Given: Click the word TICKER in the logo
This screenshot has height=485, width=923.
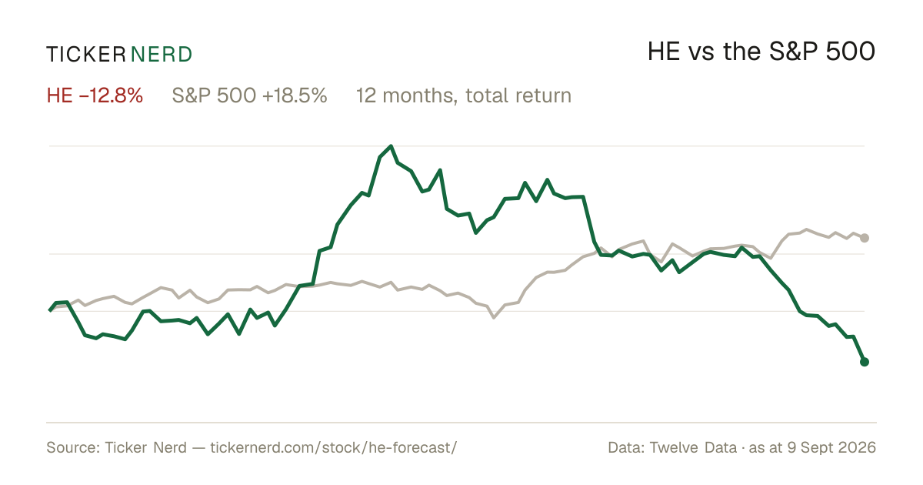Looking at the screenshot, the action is coord(86,55).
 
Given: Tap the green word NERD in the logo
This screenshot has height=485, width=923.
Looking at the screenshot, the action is coord(162,55).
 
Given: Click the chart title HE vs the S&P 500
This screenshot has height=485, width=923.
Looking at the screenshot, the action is coord(761,52).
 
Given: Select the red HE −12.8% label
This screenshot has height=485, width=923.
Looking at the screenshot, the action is coord(95,95).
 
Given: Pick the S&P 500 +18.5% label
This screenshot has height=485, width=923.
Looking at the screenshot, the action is coord(249,95).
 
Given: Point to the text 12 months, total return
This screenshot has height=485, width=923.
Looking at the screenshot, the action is coord(464,95).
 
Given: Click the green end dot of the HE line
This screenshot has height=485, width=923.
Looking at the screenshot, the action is coord(865,362).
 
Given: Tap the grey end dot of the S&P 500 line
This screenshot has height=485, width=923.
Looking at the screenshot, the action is coord(865,238).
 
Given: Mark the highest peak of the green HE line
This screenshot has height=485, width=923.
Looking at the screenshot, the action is coord(391,146).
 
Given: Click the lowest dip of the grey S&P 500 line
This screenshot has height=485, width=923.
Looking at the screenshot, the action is coord(494,317).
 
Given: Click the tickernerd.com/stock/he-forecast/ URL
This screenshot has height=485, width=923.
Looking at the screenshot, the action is coord(333,447).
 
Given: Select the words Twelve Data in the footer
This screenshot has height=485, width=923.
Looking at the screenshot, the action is coord(693,447).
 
